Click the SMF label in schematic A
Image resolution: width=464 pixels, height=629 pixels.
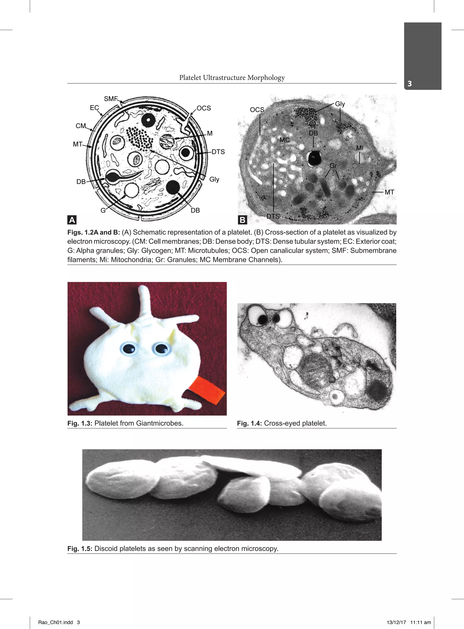click(x=111, y=99)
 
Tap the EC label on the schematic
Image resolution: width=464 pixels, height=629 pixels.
click(x=94, y=108)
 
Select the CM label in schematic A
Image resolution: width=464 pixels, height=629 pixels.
click(x=81, y=126)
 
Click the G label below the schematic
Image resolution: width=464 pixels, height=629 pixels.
click(x=103, y=210)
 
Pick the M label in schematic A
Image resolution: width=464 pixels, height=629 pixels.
click(x=210, y=133)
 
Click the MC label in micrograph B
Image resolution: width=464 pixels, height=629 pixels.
click(x=285, y=140)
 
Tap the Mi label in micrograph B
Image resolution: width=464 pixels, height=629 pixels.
click(x=360, y=148)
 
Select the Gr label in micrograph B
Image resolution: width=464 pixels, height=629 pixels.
click(x=333, y=166)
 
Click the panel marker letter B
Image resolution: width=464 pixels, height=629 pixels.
click(x=242, y=220)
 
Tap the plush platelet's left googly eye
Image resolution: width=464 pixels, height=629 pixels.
click(x=129, y=349)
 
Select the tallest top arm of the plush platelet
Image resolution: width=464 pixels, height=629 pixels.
click(x=145, y=301)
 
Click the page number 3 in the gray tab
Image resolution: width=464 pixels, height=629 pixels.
click(x=409, y=83)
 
